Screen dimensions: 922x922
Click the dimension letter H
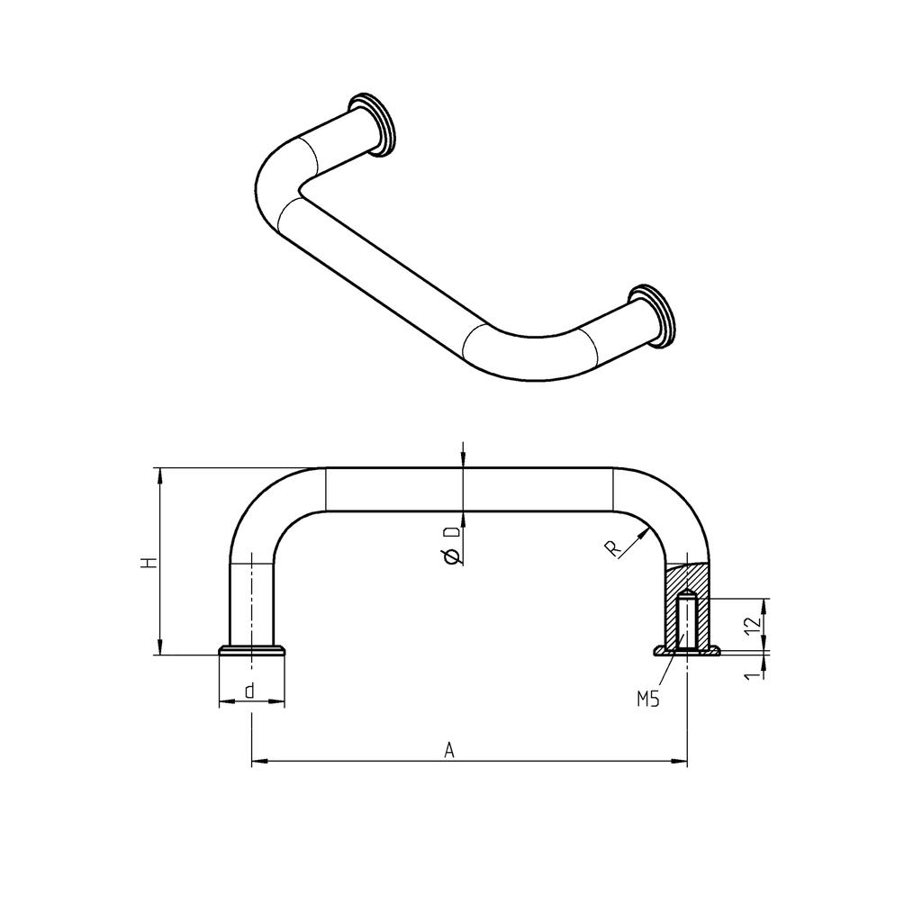pyautogui.click(x=149, y=563)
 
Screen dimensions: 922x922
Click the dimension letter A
pyautogui.click(x=449, y=749)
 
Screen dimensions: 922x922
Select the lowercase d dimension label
pyautogui.click(x=249, y=691)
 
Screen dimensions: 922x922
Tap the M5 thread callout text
pyautogui.click(x=648, y=698)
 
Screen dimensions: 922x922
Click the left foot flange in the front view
pyautogui.click(x=253, y=650)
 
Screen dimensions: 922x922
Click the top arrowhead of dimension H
pyautogui.click(x=160, y=475)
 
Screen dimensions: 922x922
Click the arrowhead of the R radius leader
pyautogui.click(x=646, y=532)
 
